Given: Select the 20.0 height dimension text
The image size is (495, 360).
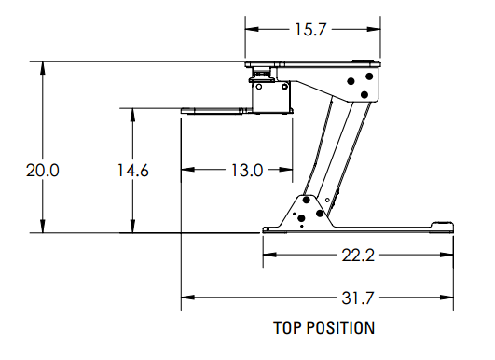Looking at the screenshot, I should (43, 171).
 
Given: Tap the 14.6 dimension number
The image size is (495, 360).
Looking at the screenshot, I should (133, 171).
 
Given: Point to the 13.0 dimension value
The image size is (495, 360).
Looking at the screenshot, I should (245, 170).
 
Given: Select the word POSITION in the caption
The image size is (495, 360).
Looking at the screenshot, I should (341, 328).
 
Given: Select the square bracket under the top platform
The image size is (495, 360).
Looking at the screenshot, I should (271, 94).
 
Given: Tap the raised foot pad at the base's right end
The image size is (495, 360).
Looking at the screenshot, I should (442, 224).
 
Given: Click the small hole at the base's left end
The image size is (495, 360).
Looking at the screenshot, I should (268, 228).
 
